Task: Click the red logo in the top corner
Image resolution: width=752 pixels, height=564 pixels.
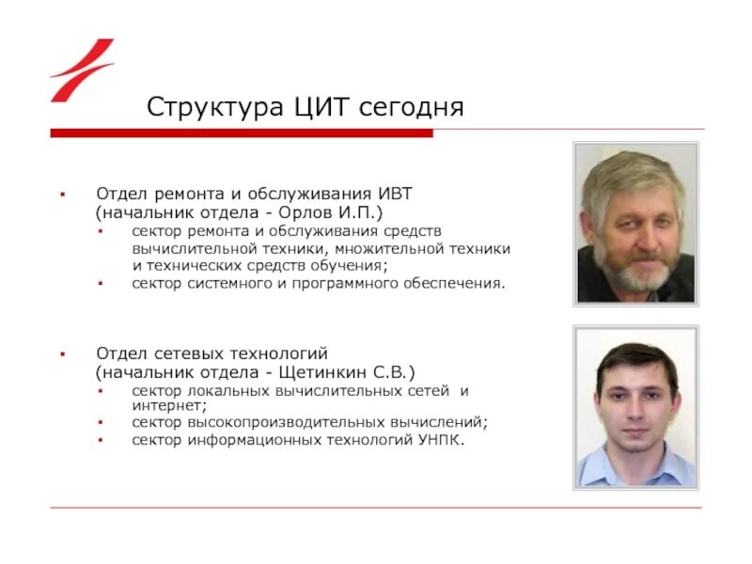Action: coord(82,70)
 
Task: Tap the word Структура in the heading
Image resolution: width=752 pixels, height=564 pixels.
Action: coord(204,107)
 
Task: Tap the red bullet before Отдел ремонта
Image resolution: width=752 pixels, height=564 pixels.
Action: coord(62,194)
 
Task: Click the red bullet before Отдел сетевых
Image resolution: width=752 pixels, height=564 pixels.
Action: coord(62,354)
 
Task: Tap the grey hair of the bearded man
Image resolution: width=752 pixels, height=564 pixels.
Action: coord(625,174)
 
